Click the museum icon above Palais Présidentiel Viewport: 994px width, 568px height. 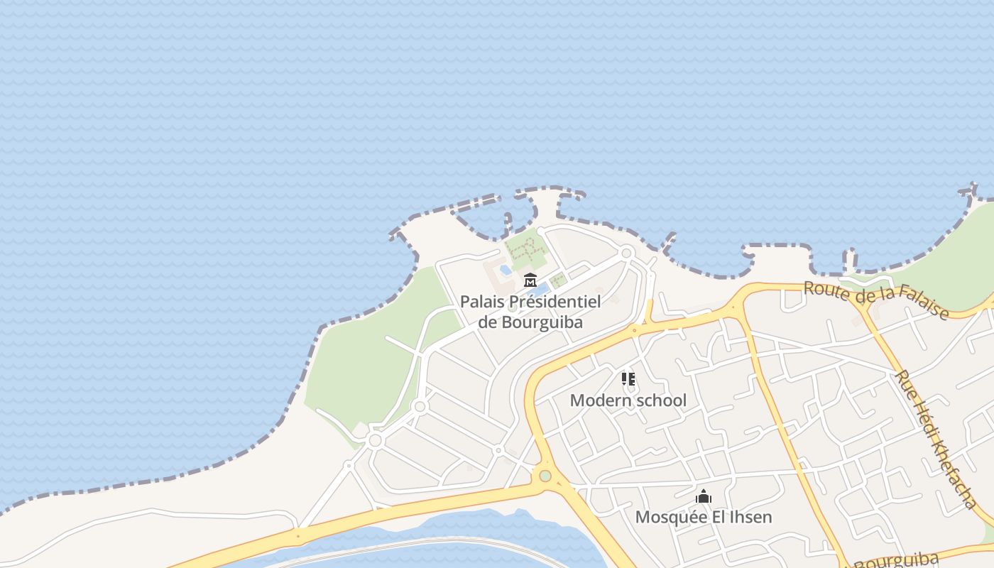[530, 280]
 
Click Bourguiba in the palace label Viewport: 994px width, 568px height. [542, 322]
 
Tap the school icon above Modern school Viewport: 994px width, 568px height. [628, 379]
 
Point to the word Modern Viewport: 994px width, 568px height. [601, 400]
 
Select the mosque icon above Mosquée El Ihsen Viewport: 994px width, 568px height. [704, 497]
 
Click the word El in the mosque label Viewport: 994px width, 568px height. [714, 517]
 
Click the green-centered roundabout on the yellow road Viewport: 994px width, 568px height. [545, 476]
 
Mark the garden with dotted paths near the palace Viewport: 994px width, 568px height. [525, 248]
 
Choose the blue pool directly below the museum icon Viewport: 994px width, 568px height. [538, 290]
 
